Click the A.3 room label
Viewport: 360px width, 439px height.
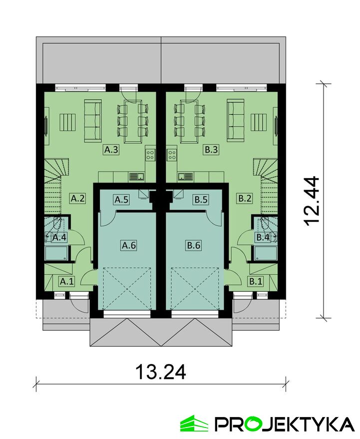tap(111, 150)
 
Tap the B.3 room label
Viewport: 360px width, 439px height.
tap(211, 150)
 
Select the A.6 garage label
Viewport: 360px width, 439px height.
tap(129, 245)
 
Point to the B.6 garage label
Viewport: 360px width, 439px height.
tap(194, 245)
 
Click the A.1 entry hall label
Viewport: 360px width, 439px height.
tap(67, 281)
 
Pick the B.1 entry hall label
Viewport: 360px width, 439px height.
tap(256, 281)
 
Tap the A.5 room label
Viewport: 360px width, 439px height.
tap(122, 200)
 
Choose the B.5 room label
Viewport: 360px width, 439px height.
tap(201, 200)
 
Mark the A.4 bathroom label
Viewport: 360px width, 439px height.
tap(59, 237)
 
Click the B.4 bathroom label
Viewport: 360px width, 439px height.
tap(263, 237)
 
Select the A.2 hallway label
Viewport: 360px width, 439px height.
tap(77, 199)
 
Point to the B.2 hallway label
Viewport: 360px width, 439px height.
tap(245, 199)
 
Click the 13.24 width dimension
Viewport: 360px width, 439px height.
tap(161, 372)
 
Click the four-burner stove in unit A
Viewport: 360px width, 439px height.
tap(150, 155)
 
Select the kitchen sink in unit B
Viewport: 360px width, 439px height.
tap(186, 177)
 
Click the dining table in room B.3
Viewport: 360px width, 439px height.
tap(189, 121)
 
